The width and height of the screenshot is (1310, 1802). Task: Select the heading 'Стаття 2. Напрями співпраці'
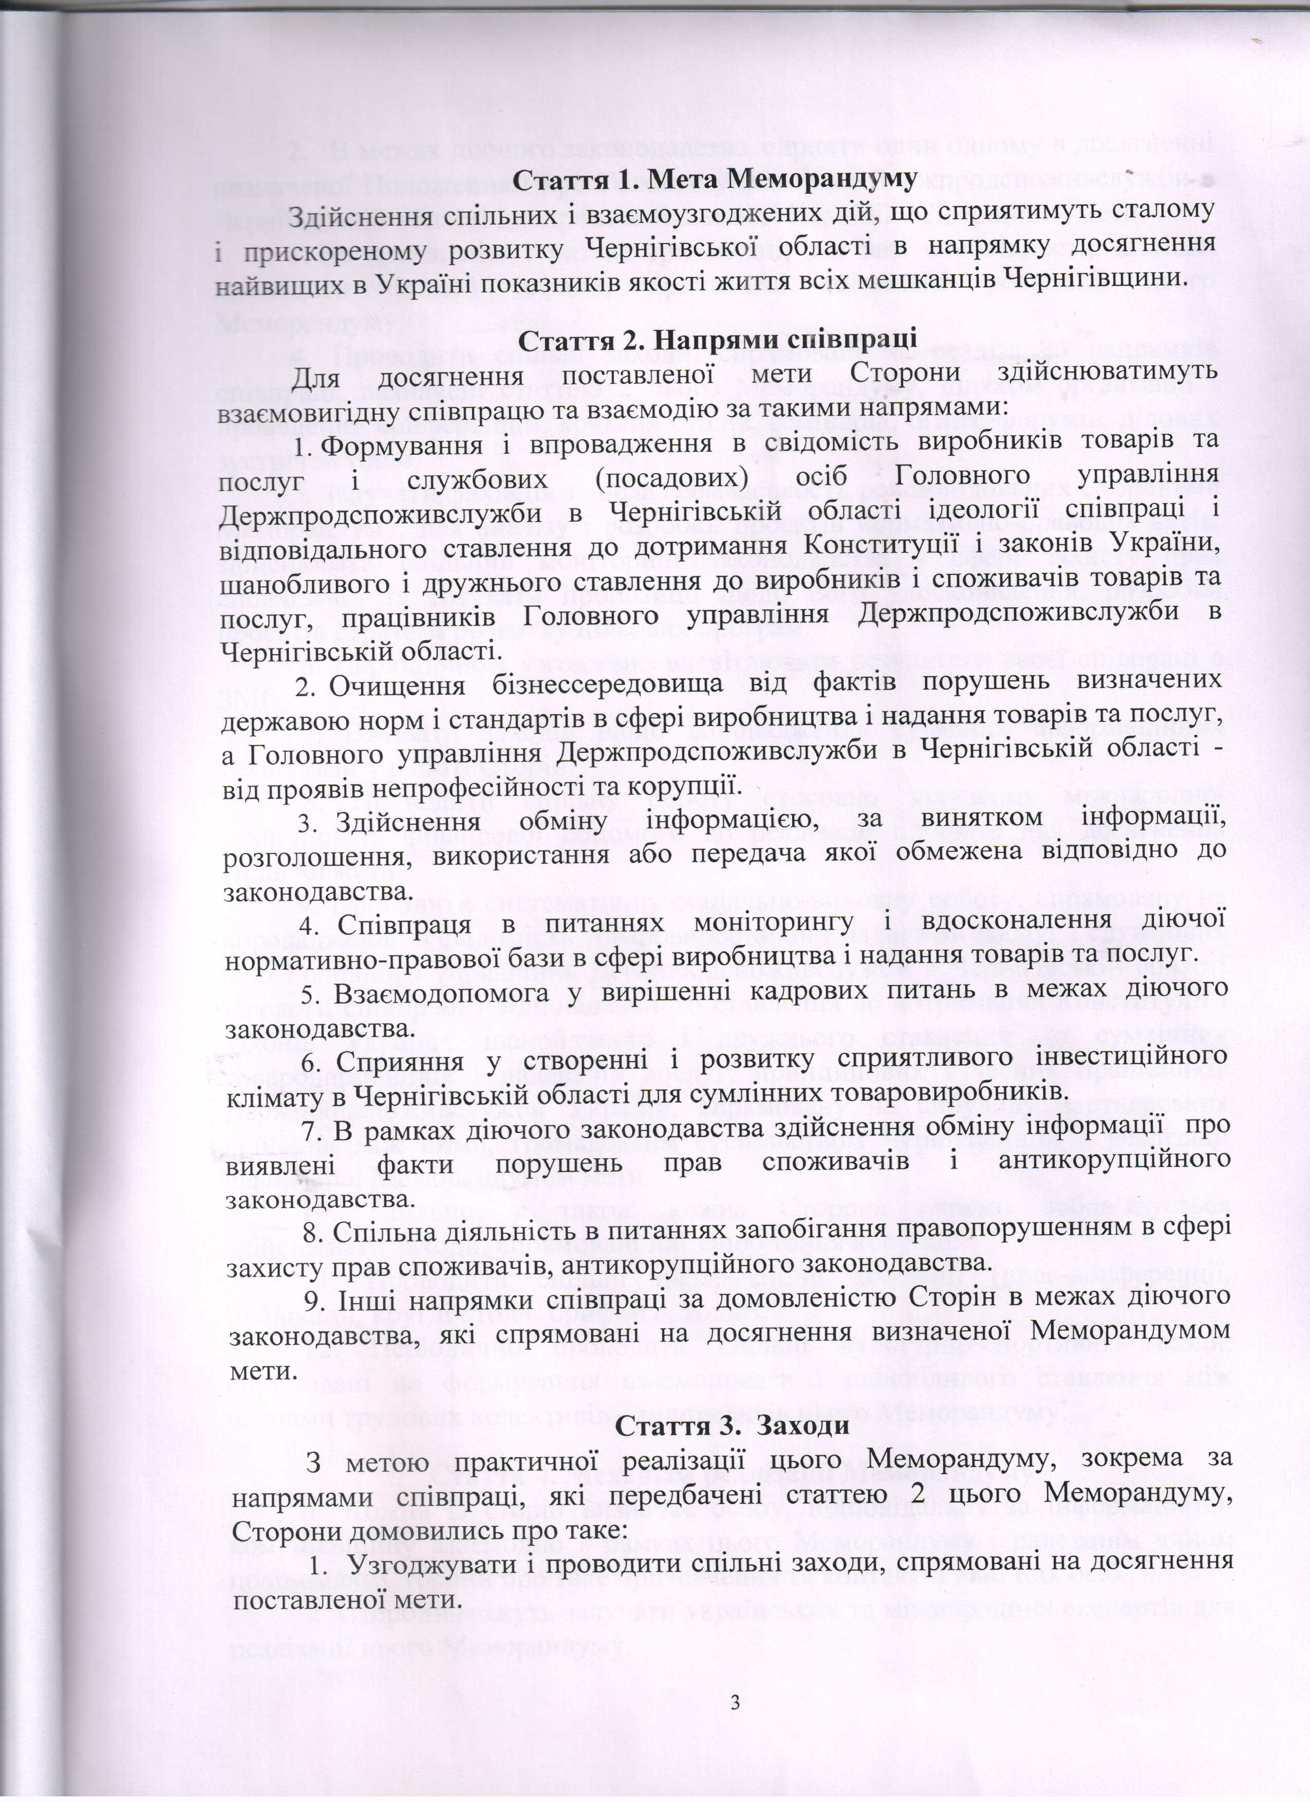pyautogui.click(x=717, y=336)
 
